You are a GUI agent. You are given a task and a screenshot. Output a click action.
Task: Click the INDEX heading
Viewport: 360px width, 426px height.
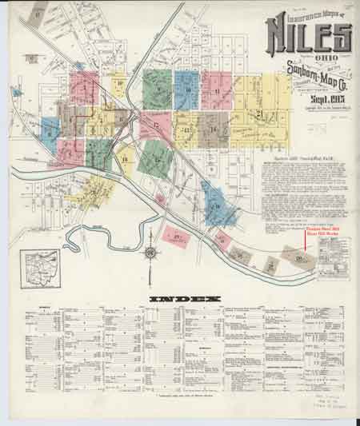click(x=185, y=300)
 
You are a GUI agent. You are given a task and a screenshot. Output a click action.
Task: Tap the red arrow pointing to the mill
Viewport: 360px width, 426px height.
click(x=305, y=243)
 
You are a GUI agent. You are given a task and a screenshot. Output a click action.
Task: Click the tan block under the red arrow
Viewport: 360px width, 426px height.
click(x=301, y=257)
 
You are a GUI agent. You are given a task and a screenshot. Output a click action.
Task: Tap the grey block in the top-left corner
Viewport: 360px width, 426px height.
click(x=31, y=57)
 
